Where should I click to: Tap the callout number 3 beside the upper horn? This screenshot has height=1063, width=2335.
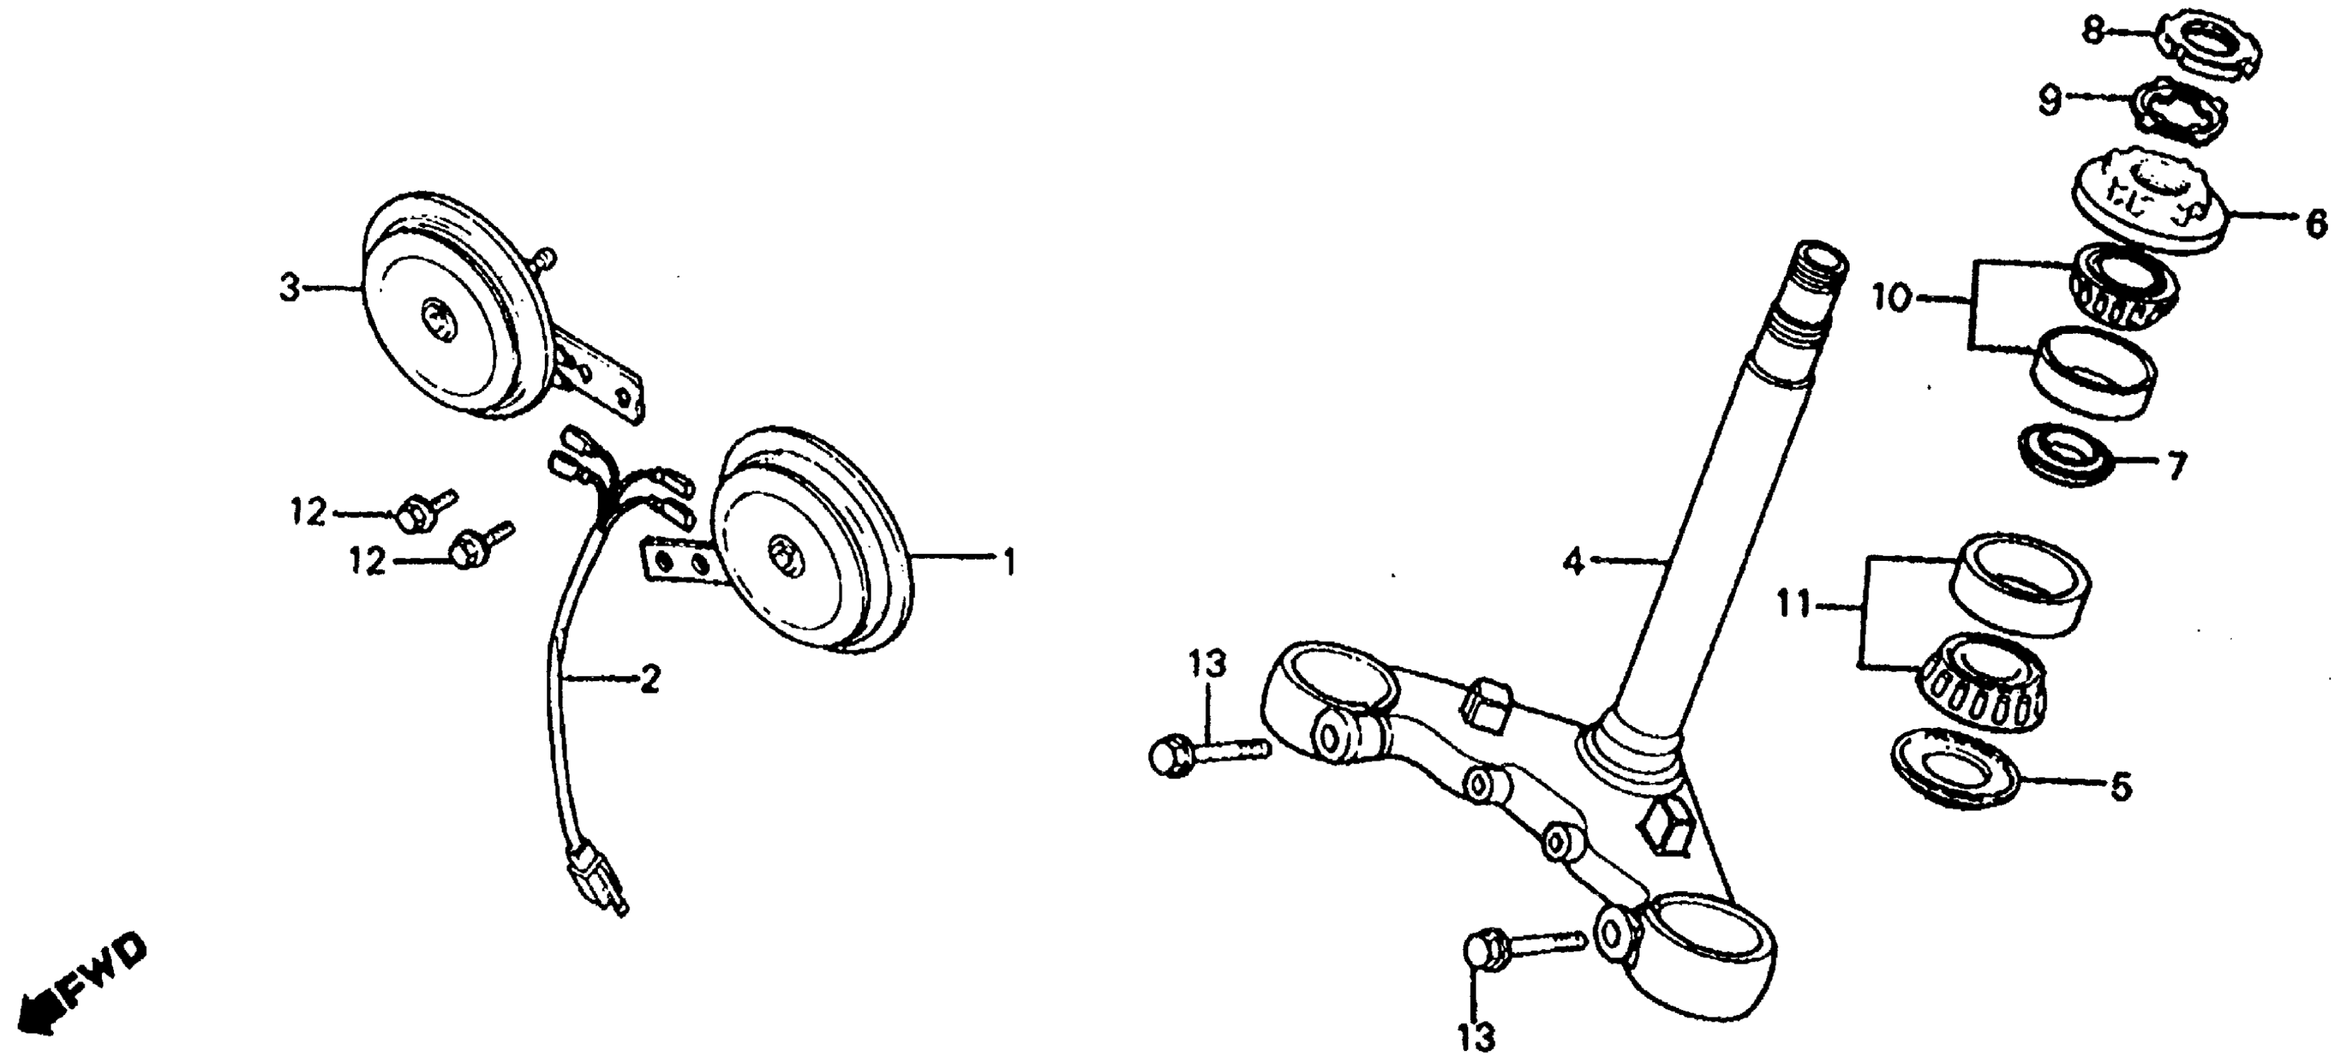click(x=289, y=290)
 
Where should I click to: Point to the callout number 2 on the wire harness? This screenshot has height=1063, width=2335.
click(x=649, y=679)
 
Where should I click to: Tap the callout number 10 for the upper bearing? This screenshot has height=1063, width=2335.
click(x=1891, y=297)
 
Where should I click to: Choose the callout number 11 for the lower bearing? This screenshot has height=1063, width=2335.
click(x=1793, y=603)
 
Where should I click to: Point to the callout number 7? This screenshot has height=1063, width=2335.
click(x=2175, y=466)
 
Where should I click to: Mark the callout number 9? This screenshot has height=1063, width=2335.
click(x=2050, y=99)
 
